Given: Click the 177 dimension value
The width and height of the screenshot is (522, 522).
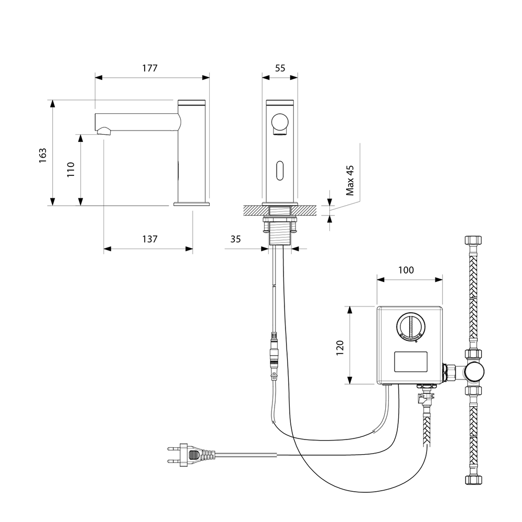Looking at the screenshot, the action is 150,68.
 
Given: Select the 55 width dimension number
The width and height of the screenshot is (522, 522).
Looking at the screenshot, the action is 280,68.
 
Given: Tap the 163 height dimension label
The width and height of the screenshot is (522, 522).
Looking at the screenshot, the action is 43,156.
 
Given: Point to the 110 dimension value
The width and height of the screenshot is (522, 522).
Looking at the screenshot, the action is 71,170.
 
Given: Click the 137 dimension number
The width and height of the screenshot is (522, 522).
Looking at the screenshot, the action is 150,239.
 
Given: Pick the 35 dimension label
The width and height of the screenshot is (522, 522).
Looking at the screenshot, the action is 235,239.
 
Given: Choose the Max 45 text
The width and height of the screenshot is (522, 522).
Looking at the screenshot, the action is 350,181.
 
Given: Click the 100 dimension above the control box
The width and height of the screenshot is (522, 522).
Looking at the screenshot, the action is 406,270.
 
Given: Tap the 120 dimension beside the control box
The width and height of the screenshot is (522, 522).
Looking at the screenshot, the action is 340,348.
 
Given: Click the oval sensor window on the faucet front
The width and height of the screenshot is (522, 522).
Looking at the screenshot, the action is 280,171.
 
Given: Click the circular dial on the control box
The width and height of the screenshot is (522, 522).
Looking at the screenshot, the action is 411,327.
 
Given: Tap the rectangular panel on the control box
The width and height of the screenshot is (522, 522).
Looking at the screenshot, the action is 411,362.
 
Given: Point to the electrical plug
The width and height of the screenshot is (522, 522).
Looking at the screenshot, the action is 191,455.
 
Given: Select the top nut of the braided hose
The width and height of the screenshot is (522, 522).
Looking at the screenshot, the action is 473,240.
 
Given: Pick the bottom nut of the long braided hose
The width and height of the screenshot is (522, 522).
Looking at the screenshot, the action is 473,479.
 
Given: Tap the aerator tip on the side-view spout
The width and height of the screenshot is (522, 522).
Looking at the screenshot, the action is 103,131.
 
